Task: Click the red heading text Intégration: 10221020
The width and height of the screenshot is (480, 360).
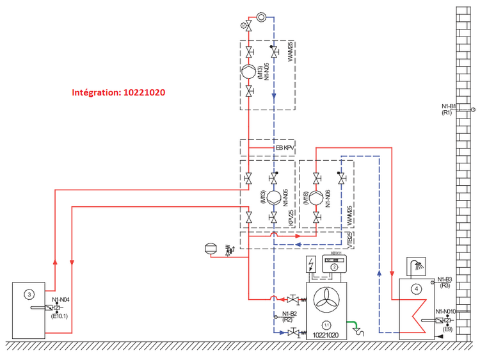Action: point(118,92)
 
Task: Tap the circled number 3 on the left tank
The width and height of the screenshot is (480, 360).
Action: point(29,294)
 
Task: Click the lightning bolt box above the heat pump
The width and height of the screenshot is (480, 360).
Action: point(312,266)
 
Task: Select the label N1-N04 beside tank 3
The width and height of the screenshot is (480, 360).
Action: point(61,299)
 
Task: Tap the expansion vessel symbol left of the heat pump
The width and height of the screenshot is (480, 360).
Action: point(210,246)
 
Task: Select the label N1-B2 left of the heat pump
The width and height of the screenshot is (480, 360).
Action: point(290,314)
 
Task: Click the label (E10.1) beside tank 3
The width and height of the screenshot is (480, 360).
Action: point(62,315)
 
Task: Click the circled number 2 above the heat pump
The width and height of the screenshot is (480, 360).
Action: point(334,268)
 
